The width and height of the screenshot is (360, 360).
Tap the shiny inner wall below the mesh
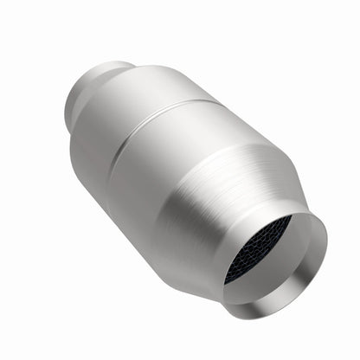pos(260,286)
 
